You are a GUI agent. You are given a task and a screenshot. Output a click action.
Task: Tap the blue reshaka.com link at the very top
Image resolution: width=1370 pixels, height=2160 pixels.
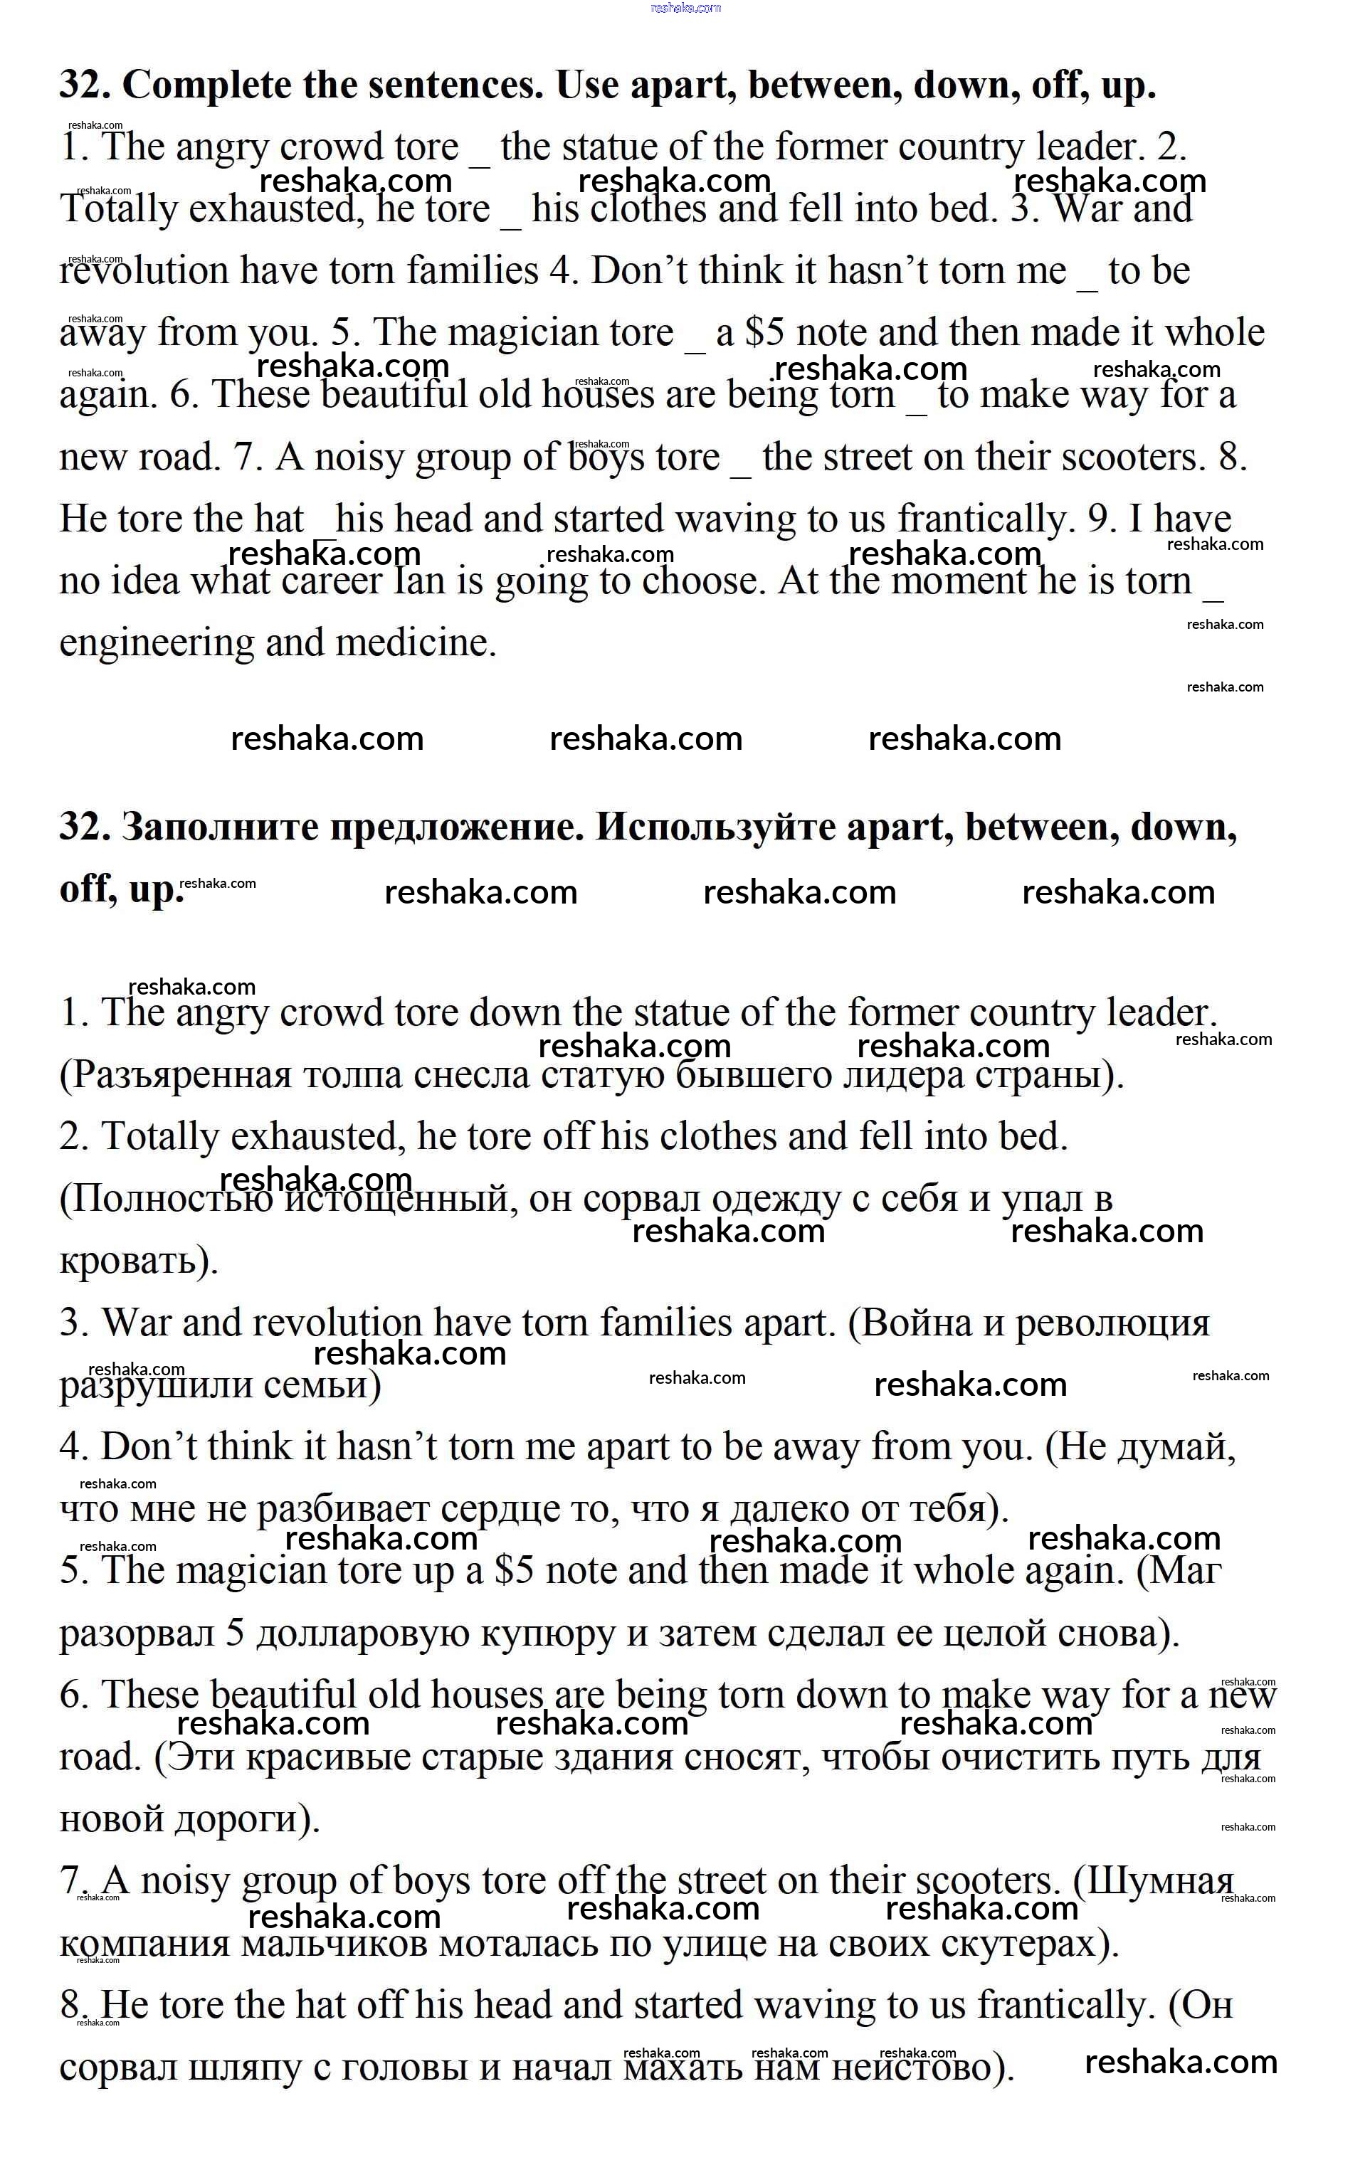click(685, 8)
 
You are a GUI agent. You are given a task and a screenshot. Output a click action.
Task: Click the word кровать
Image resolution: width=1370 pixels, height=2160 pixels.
click(137, 1260)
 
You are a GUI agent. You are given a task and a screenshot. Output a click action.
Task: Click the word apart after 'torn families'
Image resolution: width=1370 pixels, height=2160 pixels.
click(789, 1323)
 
